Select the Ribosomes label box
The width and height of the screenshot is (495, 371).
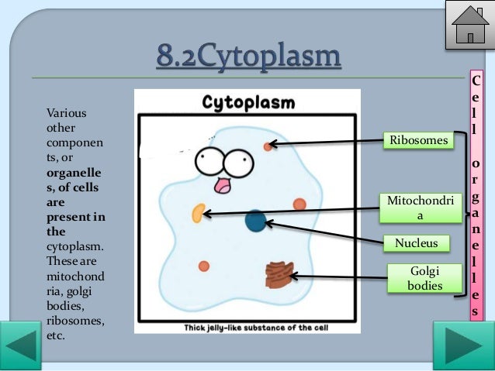point(419,140)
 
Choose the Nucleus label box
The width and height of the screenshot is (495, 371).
point(417,243)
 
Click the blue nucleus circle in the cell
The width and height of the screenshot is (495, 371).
point(255,221)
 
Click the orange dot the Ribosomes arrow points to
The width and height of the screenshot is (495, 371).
point(268,146)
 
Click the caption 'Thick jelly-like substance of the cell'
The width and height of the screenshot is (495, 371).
point(246,327)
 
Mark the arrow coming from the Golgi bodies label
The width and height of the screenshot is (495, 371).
point(337,275)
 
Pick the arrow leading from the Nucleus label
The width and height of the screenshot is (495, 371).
point(326,233)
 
